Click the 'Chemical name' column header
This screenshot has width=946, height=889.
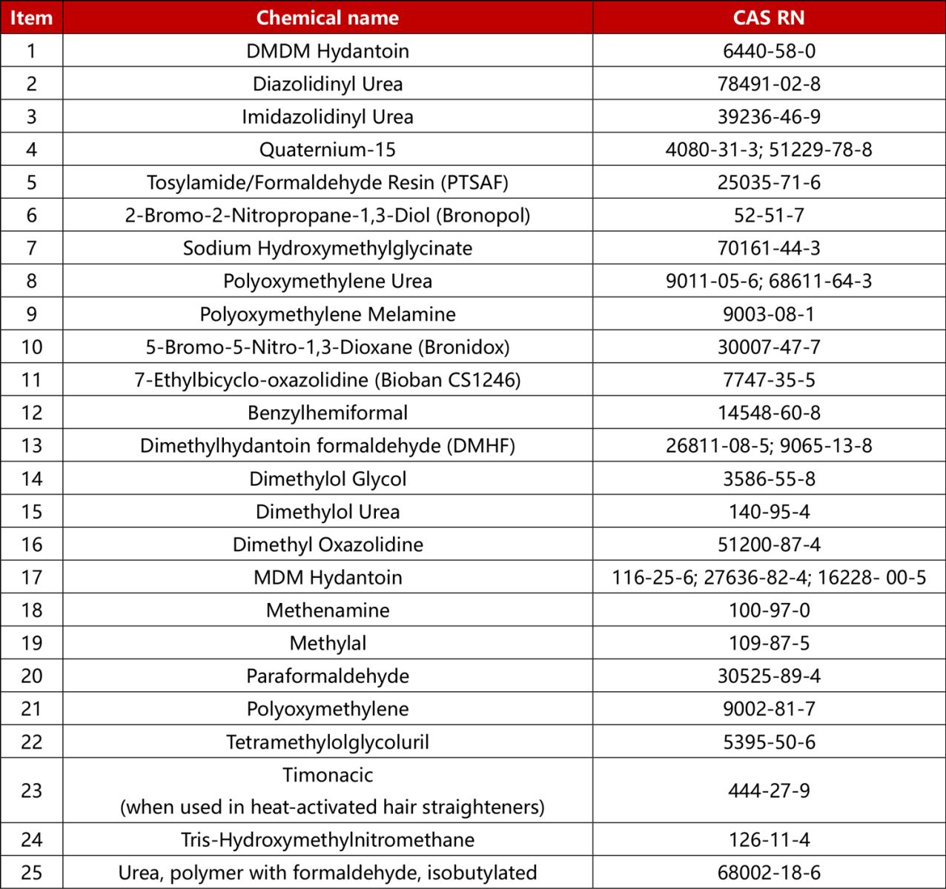click(327, 18)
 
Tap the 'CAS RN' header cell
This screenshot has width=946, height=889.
click(769, 18)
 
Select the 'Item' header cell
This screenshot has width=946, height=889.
click(31, 18)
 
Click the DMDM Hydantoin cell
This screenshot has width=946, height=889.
click(327, 51)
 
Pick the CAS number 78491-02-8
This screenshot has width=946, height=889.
click(769, 84)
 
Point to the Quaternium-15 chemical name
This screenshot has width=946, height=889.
click(327, 150)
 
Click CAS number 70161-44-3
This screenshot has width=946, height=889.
click(769, 248)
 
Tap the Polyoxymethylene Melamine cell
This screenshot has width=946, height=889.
click(327, 314)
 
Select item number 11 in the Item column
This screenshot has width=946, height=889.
click(31, 380)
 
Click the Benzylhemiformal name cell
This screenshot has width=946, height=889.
click(327, 413)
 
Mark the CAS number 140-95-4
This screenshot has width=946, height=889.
click(769, 511)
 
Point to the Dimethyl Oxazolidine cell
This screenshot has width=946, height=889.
click(327, 545)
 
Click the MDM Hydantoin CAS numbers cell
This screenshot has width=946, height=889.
click(769, 577)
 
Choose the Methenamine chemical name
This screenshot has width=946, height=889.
click(327, 610)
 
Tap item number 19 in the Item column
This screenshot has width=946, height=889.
click(31, 643)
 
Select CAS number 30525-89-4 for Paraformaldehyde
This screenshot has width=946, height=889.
click(769, 676)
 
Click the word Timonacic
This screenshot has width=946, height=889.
click(327, 775)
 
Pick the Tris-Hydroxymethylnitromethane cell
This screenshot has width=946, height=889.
click(327, 840)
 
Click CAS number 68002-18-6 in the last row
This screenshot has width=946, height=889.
click(769, 873)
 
